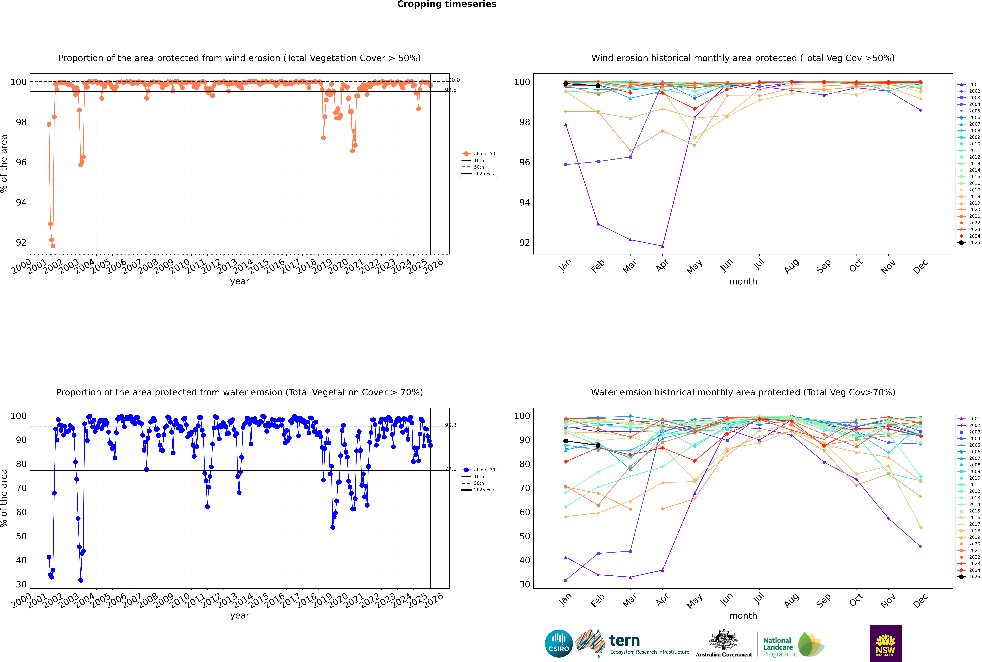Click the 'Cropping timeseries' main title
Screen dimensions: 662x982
pyautogui.click(x=447, y=4)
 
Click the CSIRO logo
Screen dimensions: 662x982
pyautogui.click(x=559, y=643)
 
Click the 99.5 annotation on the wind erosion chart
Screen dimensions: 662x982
pyautogui.click(x=451, y=90)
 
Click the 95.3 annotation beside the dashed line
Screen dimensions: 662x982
pyautogui.click(x=451, y=425)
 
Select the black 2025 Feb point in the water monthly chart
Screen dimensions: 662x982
pyautogui.click(x=598, y=445)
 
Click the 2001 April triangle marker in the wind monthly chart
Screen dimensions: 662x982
pyautogui.click(x=662, y=246)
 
